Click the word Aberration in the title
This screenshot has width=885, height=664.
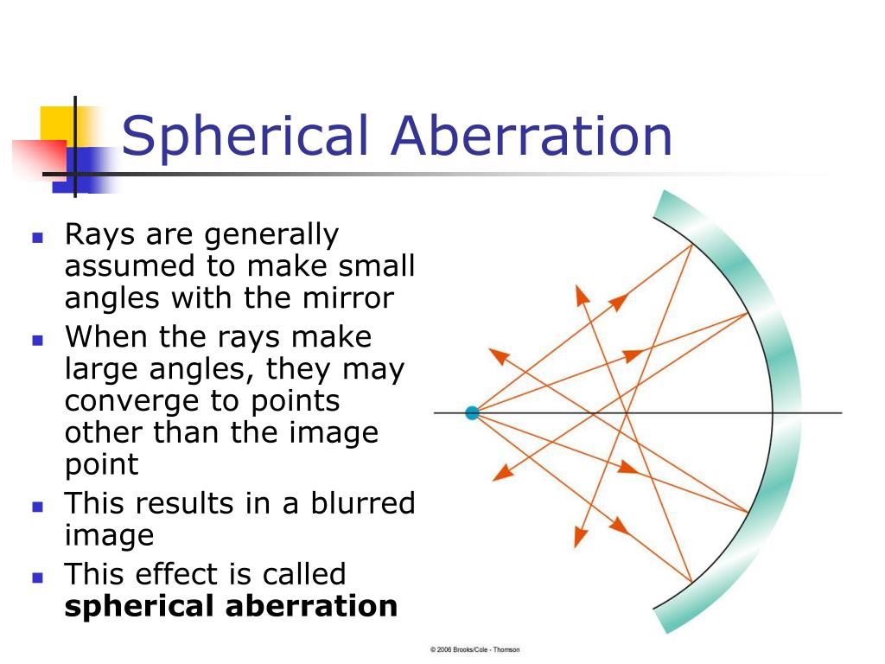(x=532, y=137)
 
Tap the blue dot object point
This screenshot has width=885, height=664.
(x=472, y=413)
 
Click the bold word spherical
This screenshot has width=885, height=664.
(x=141, y=606)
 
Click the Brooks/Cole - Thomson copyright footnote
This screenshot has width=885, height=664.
(x=474, y=649)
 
